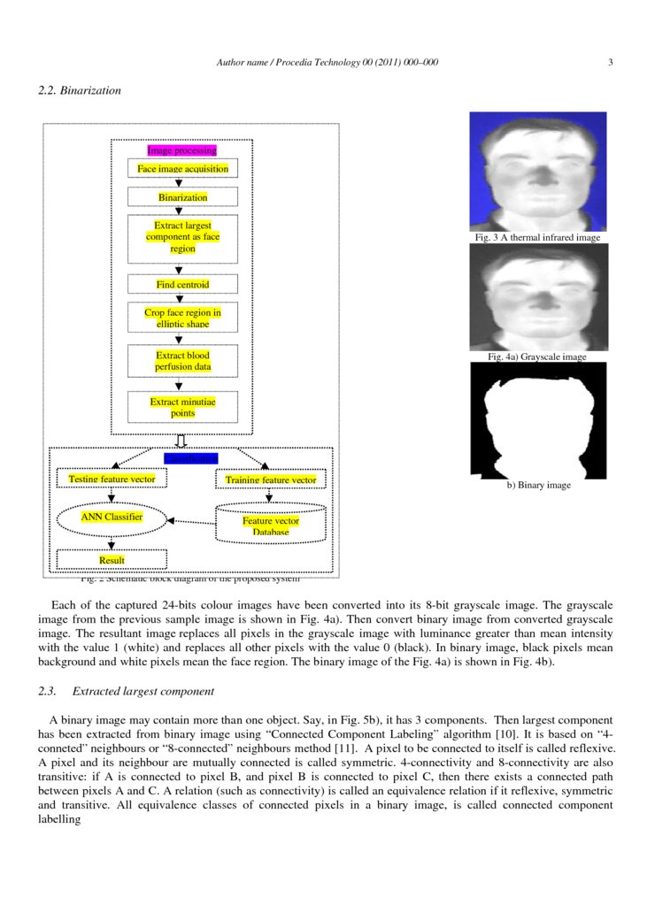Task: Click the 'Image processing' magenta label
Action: pyautogui.click(x=182, y=150)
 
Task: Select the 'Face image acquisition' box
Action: pyautogui.click(x=182, y=169)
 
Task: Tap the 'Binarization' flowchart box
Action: pyautogui.click(x=182, y=197)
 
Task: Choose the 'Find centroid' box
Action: pyautogui.click(x=182, y=285)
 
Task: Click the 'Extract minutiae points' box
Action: pyautogui.click(x=182, y=407)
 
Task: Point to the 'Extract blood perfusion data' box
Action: pyautogui.click(x=182, y=361)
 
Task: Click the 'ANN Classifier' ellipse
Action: pyautogui.click(x=112, y=518)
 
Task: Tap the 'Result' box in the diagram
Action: pyautogui.click(x=112, y=560)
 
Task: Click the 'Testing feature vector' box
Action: pyautogui.click(x=112, y=479)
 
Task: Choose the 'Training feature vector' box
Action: pyautogui.click(x=271, y=479)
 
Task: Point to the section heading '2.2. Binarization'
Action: pyautogui.click(x=80, y=90)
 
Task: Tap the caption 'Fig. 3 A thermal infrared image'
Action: pyautogui.click(x=537, y=237)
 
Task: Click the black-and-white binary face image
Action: pyautogui.click(x=537, y=420)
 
